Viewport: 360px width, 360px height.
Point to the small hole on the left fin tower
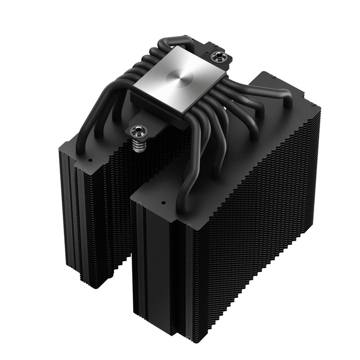(x=90, y=160)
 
